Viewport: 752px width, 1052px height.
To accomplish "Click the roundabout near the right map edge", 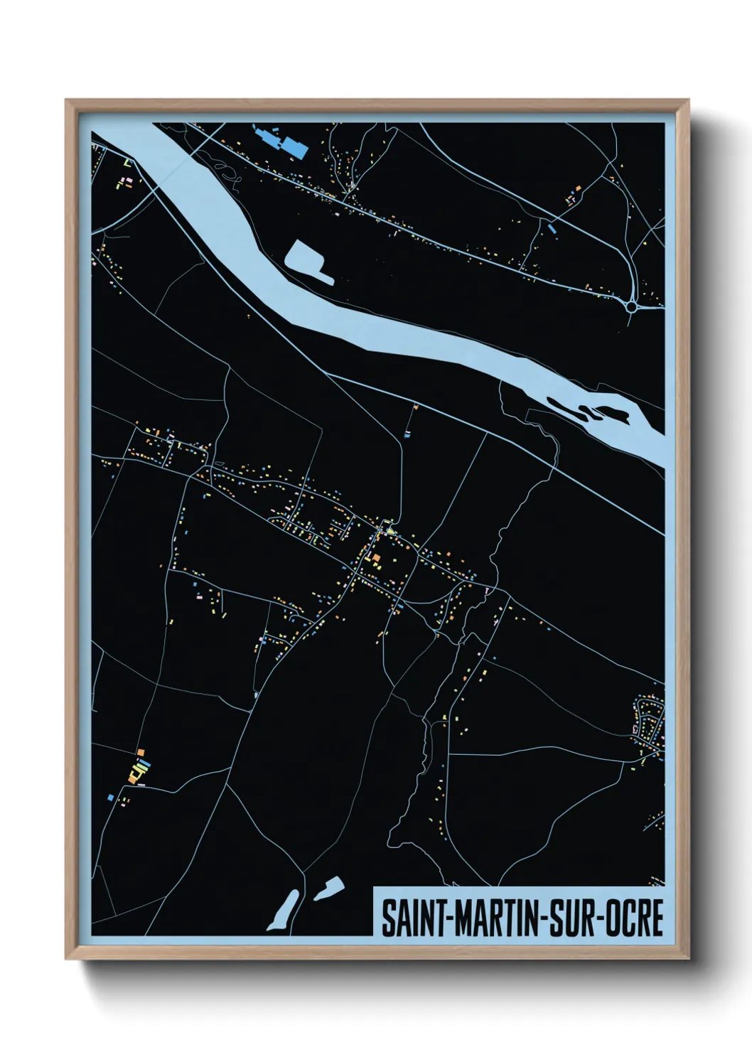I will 632,306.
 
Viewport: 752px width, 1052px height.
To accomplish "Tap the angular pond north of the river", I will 308,260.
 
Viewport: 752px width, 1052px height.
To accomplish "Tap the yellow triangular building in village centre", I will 389,530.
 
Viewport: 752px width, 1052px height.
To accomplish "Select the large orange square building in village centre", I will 377,559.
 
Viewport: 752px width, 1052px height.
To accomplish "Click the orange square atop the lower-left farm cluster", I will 141,751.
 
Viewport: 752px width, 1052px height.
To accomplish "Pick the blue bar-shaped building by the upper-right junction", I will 550,229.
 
